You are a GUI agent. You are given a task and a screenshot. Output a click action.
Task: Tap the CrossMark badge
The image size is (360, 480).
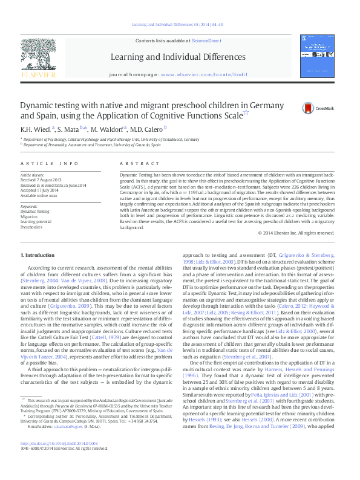pos(300,108)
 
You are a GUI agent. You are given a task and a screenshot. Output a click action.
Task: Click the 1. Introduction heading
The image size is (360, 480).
pos(38,256)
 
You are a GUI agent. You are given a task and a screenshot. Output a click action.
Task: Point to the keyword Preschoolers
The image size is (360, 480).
pos(31,227)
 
